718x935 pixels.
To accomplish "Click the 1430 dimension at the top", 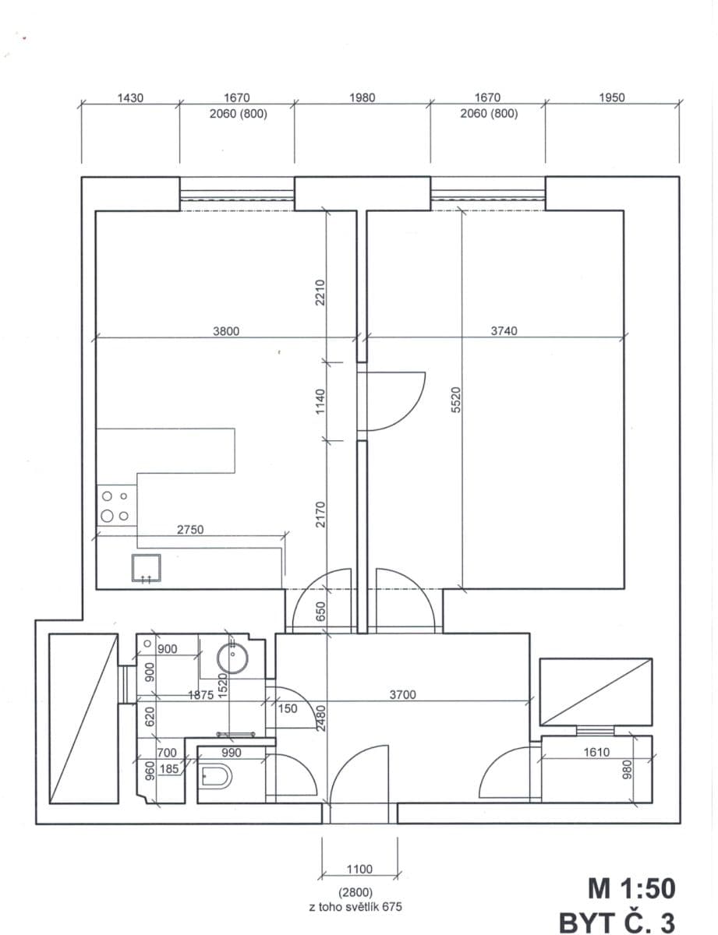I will (x=130, y=98).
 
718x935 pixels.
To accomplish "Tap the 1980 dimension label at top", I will (x=362, y=98).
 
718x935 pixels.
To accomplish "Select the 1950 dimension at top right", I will (x=612, y=98).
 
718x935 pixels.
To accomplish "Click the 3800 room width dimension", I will (x=226, y=331).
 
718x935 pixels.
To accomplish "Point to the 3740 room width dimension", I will (x=504, y=331).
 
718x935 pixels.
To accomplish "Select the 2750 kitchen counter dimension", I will (x=189, y=530).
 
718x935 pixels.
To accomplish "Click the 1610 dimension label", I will (x=596, y=753).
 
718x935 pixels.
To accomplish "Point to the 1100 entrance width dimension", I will (x=359, y=870).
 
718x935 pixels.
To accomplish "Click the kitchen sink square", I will (x=146, y=569).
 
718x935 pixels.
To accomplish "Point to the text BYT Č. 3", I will (x=617, y=921).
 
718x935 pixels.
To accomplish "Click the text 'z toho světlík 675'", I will (x=356, y=907).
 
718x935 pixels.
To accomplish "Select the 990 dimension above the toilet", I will (x=231, y=753).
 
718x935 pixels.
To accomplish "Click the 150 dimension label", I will (x=288, y=709).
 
